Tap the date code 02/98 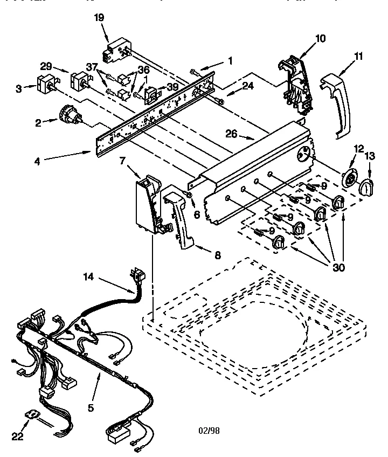point(209,430)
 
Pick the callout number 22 point(18,437)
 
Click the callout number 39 point(172,87)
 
